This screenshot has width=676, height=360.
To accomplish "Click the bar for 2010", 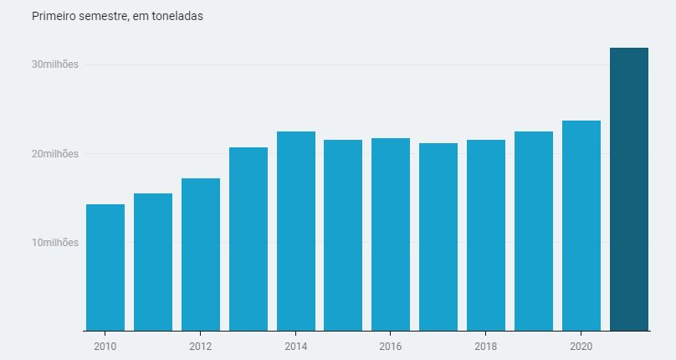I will click(x=105, y=268).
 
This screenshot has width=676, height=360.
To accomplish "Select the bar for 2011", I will click(x=153, y=262).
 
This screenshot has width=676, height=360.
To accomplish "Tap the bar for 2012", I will click(x=201, y=255).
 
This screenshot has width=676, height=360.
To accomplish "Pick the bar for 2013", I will click(x=248, y=239).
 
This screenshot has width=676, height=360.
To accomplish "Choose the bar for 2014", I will click(x=296, y=231).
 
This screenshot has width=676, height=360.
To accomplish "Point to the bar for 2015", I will click(x=343, y=235).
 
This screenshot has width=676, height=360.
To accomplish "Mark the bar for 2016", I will click(x=391, y=234).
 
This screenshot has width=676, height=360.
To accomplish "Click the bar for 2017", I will click(x=438, y=237).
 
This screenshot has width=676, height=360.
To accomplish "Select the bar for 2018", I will click(x=486, y=235).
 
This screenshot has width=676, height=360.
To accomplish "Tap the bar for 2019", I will click(x=534, y=231).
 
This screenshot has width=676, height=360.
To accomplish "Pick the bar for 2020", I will click(x=581, y=226).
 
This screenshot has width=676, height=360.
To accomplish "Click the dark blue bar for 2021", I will click(x=629, y=189).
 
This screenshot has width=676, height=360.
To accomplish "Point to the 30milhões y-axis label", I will click(x=55, y=65).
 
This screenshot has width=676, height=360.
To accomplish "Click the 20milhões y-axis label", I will click(x=55, y=154).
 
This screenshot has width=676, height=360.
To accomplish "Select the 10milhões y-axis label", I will click(x=55, y=243).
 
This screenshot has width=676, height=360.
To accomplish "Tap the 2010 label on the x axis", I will click(x=105, y=346).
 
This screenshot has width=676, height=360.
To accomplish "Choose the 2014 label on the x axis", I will click(x=296, y=346).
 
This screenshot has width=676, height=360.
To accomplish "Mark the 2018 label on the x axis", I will click(x=486, y=346).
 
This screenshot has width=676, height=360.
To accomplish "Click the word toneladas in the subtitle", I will click(x=177, y=17).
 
